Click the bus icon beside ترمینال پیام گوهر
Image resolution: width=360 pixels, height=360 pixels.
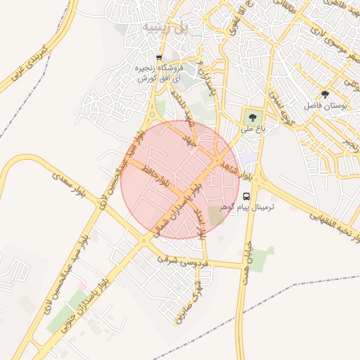[247, 197]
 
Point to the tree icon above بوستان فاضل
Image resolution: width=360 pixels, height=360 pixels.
[325, 94]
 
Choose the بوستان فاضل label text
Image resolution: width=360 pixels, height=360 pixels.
[326, 105]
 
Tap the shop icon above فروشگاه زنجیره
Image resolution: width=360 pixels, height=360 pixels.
[159, 58]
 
